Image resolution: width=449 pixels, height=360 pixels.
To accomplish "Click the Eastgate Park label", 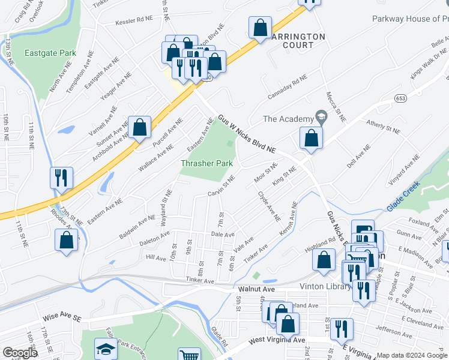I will tap(50, 53).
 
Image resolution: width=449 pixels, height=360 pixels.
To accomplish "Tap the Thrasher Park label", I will tap(207, 163).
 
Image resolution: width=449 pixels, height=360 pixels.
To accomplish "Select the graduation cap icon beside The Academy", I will tap(321, 119).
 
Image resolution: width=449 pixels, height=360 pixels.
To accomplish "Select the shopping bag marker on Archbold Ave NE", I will tap(139, 127).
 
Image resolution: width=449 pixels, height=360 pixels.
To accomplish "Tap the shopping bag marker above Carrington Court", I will tap(260, 28).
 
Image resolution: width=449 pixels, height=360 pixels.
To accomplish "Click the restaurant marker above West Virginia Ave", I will tap(342, 328).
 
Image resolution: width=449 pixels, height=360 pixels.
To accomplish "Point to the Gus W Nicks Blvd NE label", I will tap(246, 133).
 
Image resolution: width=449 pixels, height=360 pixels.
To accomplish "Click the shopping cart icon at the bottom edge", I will tap(190, 355).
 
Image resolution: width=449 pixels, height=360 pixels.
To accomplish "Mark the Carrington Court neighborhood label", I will tap(297, 41).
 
